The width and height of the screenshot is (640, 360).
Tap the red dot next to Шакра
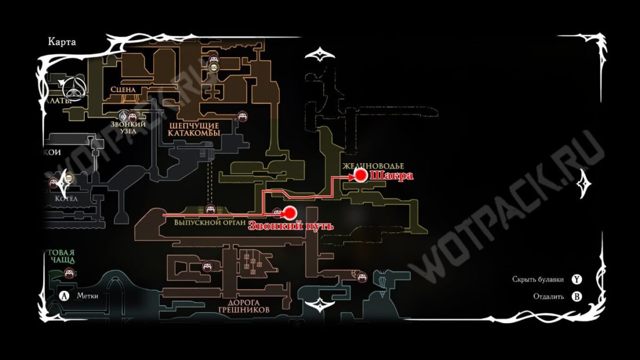point(361,175)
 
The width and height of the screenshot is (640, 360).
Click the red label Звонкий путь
point(291,226)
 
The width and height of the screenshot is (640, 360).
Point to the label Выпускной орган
point(209,222)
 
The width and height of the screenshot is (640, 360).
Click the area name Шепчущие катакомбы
point(194,129)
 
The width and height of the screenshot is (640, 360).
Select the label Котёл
point(67,198)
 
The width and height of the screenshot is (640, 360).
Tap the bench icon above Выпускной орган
point(209,209)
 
